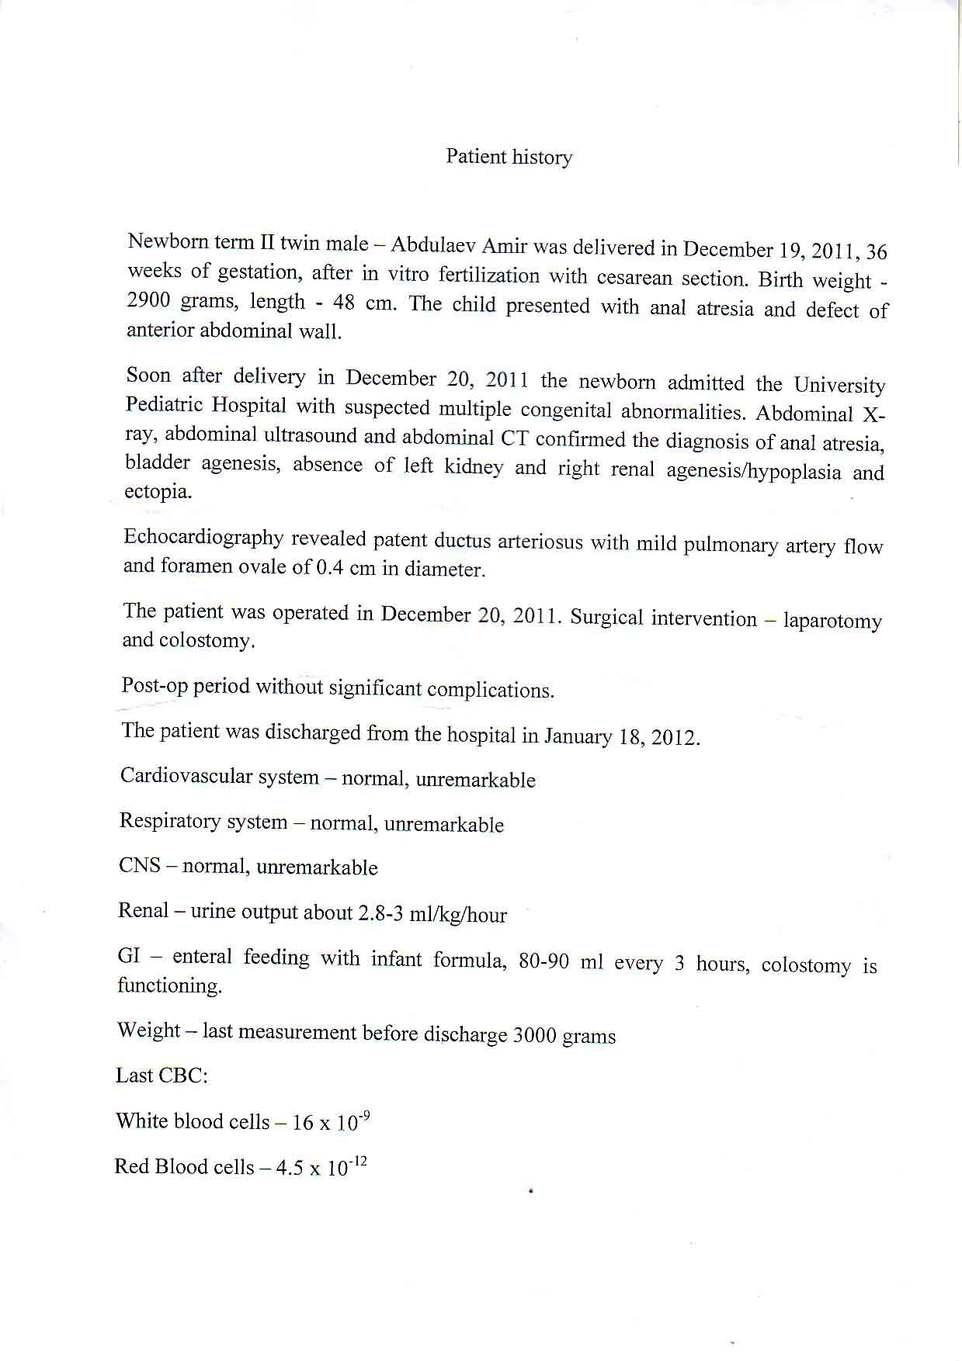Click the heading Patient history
509,157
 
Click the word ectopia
158,492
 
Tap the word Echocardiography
203,537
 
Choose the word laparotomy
832,621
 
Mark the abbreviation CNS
140,865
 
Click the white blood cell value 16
303,1123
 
